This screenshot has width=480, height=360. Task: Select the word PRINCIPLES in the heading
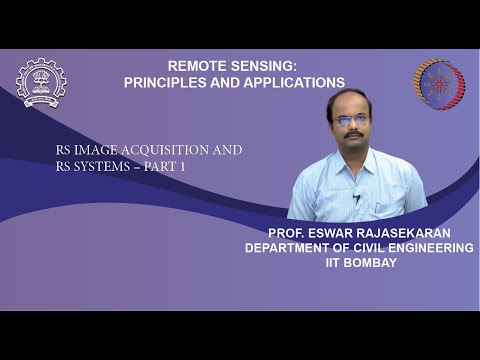coord(166,82)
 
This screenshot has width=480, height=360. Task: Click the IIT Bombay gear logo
coord(41,83)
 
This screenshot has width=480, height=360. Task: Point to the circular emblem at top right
coord(439,84)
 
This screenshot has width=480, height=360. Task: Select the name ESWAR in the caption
coord(331,231)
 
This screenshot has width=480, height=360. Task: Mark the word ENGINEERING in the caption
coord(433,247)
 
